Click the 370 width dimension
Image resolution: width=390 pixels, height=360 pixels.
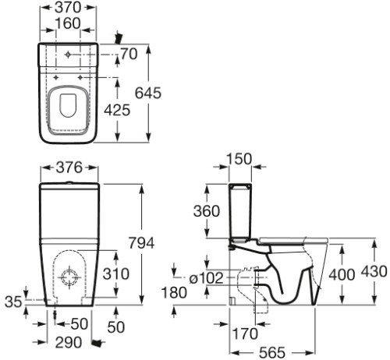[x=68, y=7]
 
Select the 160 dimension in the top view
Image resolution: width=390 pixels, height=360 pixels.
[x=68, y=23]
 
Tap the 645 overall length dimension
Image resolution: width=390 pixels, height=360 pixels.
[x=148, y=93]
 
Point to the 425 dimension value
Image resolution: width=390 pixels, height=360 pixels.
[x=117, y=110]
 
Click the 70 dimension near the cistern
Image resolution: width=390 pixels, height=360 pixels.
[x=129, y=54]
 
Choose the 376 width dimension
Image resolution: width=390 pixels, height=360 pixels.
[x=69, y=168]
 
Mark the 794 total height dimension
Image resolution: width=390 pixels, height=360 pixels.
[x=141, y=243]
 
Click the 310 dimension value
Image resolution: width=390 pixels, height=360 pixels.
[x=116, y=274]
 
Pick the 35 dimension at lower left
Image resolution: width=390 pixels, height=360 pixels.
[x=13, y=302]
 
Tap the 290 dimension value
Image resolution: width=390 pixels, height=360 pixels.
[x=69, y=342]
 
